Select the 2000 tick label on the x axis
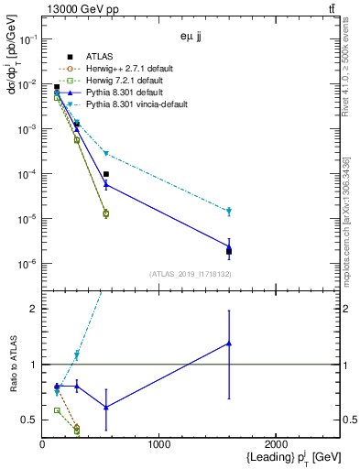click(276, 445)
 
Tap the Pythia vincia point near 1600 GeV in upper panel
click(229, 212)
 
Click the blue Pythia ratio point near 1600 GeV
click(229, 344)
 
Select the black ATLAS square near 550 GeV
click(106, 174)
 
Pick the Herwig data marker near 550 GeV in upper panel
click(106, 213)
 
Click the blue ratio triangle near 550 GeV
click(106, 407)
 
